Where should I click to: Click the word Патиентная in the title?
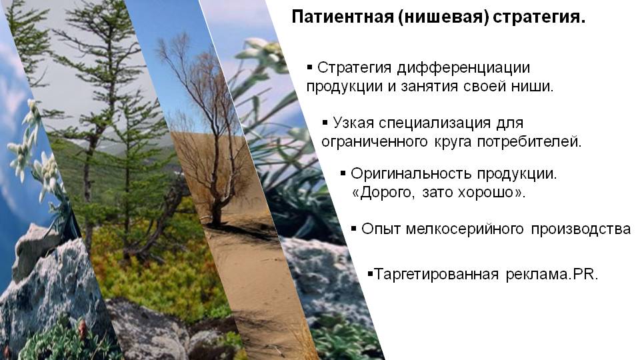(342, 17)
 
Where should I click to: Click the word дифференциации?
(463, 68)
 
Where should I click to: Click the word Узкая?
(354, 123)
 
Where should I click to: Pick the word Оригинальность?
(411, 174)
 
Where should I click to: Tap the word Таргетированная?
(436, 274)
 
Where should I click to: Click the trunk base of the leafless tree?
(216, 219)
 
